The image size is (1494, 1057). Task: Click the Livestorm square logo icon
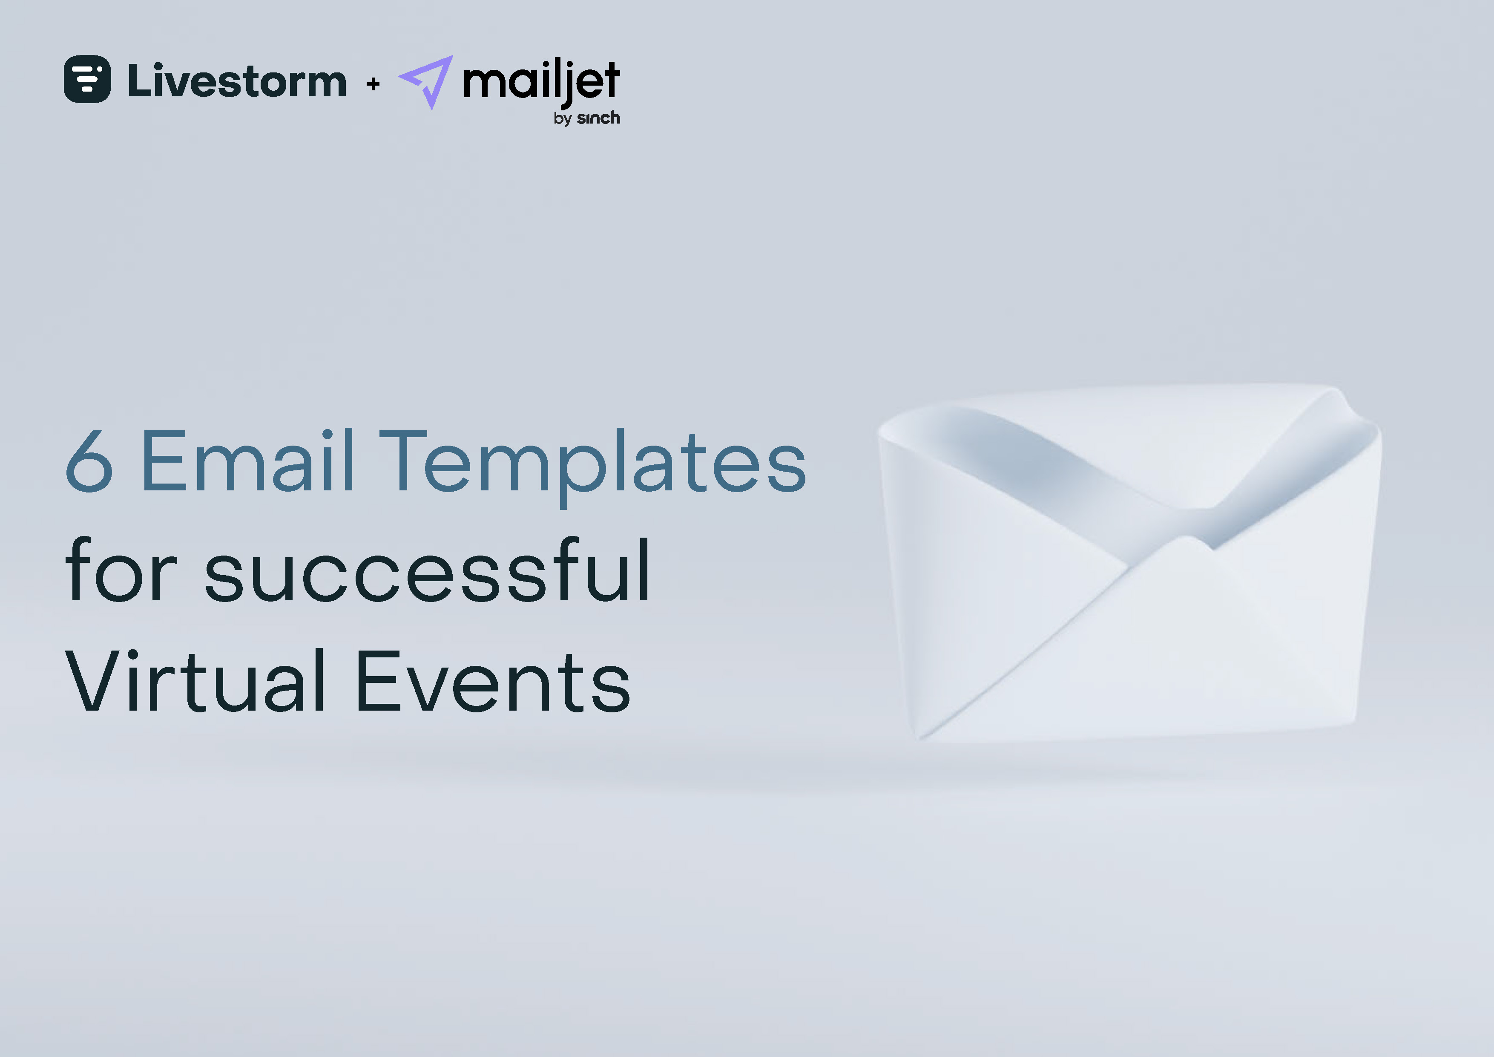click(x=87, y=79)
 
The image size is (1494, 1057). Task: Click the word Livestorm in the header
click(x=237, y=81)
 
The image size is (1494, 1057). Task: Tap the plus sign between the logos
click(x=373, y=84)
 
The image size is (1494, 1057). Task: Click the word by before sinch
click(x=562, y=119)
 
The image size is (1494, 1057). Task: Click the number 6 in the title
click(x=89, y=461)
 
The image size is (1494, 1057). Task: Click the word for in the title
click(x=121, y=571)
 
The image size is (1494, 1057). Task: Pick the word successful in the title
click(x=428, y=571)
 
